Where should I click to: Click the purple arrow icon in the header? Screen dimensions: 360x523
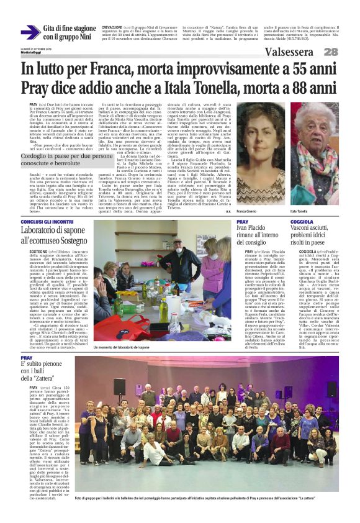pyautogui.click(x=30, y=32)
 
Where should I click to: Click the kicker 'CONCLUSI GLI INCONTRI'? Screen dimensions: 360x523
pyautogui.click(x=48, y=222)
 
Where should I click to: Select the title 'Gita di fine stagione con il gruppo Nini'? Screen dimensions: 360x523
pyautogui.click(x=70, y=32)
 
